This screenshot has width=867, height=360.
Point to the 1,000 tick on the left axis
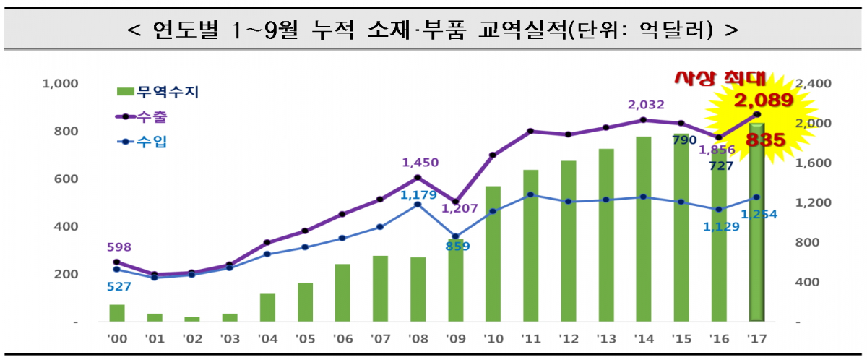pos(60,84)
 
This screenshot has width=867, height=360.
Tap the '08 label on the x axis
pos(418,339)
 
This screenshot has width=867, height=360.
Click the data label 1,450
pos(420,163)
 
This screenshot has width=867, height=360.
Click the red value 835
pos(765,140)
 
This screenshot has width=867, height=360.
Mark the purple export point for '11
pos(530,131)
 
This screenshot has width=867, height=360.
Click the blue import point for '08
pos(418,205)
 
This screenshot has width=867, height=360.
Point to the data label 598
pos(118,247)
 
